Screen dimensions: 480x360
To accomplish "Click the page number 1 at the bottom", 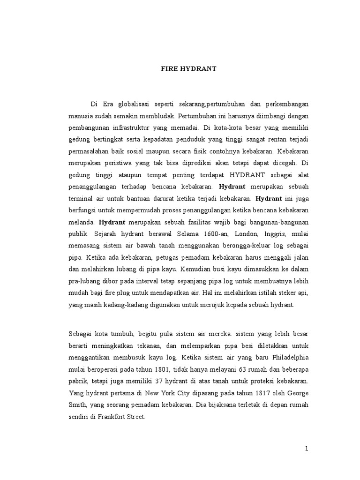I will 307,449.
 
